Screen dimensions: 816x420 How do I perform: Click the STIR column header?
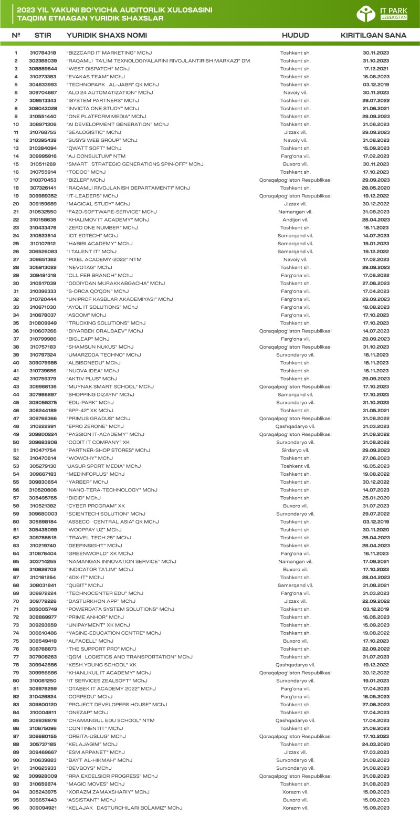tap(43, 36)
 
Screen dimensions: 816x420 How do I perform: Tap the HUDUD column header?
tap(295, 36)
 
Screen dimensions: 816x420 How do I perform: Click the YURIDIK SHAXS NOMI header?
tap(107, 36)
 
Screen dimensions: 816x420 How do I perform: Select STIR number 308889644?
tap(43, 68)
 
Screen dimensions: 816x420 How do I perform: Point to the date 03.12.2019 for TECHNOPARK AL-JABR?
tap(375, 84)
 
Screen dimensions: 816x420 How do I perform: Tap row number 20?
tap(16, 203)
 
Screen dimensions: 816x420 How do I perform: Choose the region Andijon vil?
tap(295, 219)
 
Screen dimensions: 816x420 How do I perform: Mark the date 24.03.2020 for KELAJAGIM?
tap(375, 744)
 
